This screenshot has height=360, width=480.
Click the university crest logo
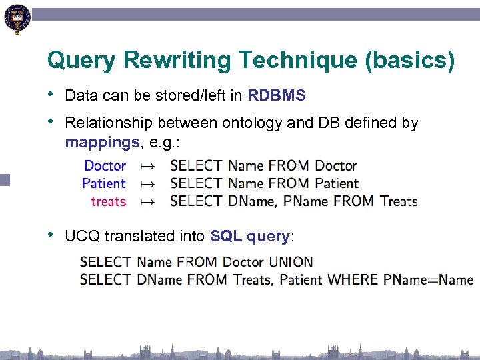point(17,19)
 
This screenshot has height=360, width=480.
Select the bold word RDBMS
point(276,95)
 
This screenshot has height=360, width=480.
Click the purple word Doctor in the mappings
point(105,165)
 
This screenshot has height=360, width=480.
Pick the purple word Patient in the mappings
point(104,183)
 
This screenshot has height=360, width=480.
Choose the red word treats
point(108,201)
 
